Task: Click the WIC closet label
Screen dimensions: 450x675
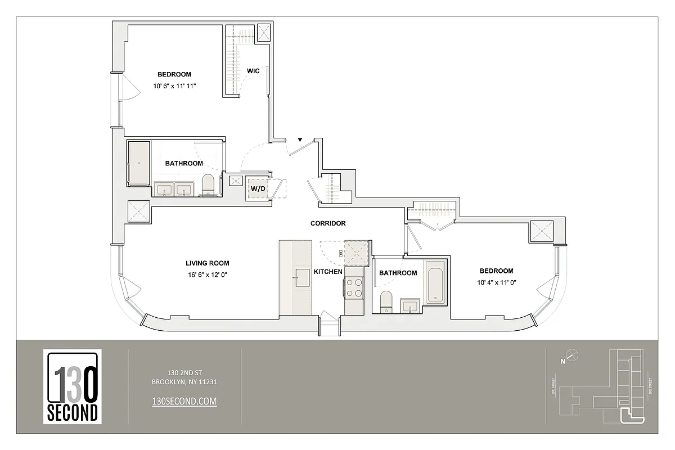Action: click(x=253, y=71)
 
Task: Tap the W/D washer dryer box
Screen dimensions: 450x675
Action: click(x=258, y=189)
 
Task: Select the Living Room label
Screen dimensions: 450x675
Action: click(x=208, y=263)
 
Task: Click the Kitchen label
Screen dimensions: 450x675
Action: click(x=328, y=272)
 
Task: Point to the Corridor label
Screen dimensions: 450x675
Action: click(x=328, y=223)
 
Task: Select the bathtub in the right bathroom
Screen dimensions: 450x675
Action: click(x=435, y=282)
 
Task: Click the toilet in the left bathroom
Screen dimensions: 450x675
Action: click(x=208, y=184)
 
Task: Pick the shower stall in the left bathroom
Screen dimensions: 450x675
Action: click(x=139, y=163)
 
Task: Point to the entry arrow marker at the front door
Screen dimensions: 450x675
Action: click(x=300, y=139)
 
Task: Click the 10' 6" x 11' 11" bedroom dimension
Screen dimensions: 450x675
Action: click(x=174, y=86)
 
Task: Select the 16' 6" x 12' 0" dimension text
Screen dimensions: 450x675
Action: click(x=207, y=274)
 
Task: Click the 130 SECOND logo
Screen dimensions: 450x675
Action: click(x=73, y=386)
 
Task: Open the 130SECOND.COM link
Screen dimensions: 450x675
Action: click(x=184, y=401)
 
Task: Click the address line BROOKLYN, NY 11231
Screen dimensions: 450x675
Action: click(x=184, y=382)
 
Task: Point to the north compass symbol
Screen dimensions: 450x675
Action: click(x=571, y=355)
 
